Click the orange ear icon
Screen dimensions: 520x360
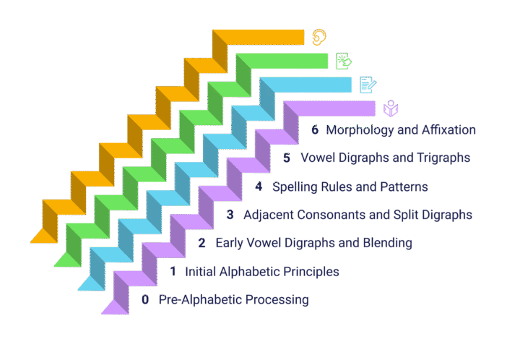click(319, 37)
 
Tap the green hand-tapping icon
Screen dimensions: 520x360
click(343, 61)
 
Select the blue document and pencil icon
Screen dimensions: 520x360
click(368, 85)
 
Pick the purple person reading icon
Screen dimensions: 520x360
click(391, 108)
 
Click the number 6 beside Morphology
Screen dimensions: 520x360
click(315, 129)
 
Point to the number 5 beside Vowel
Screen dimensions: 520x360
click(287, 158)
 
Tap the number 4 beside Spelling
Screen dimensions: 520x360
click(259, 187)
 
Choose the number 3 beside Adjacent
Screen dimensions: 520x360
click(230, 215)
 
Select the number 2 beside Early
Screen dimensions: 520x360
click(201, 243)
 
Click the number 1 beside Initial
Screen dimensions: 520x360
click(173, 271)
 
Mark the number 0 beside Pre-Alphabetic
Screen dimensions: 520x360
click(145, 299)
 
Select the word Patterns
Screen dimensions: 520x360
click(404, 187)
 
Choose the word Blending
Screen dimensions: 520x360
click(388, 243)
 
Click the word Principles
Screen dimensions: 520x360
click(311, 272)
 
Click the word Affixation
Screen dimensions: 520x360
click(448, 129)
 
